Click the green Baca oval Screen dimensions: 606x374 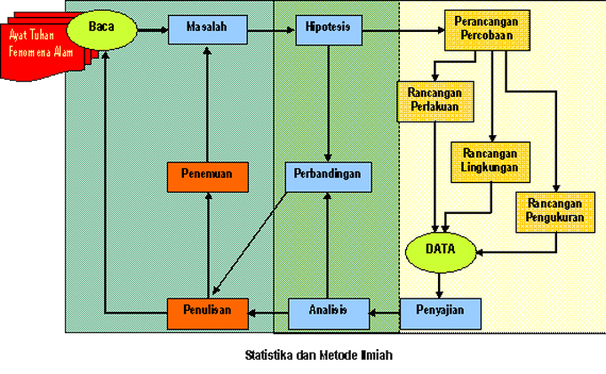point(101,29)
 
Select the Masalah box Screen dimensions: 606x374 point(208,29)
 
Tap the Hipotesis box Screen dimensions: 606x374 point(329,30)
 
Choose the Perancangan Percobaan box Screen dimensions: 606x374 point(487,30)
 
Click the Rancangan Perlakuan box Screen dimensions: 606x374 point(435,101)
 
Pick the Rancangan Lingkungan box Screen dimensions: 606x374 point(490,163)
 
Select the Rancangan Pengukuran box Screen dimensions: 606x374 point(555,212)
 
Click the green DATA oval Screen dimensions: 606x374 point(441,252)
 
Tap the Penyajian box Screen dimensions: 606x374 point(440,314)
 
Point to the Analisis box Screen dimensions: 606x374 point(329,314)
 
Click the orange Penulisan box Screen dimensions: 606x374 point(208,314)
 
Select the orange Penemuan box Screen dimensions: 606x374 point(208,177)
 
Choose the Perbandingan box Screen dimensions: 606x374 point(328,177)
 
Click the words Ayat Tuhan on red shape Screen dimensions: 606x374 point(32,36)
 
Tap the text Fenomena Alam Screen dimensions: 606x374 point(41,52)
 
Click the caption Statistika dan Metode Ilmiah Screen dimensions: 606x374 point(319,355)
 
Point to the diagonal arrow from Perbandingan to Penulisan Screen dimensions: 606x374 point(250,243)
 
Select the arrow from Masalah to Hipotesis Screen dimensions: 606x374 point(271,30)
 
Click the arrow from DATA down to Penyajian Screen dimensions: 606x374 point(439,285)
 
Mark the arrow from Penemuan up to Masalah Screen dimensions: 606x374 point(207,104)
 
